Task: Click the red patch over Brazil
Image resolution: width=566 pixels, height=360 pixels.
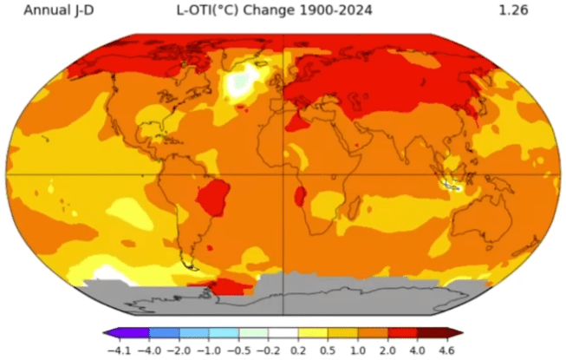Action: [212, 198]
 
